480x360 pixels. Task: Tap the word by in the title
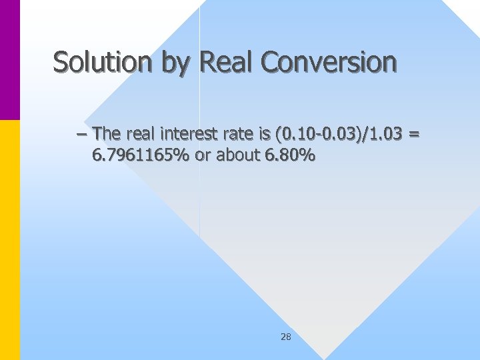coord(175,63)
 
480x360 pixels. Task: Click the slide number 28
coord(286,337)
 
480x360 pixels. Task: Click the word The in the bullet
coord(107,134)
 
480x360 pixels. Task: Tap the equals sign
coord(414,134)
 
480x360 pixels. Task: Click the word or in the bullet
coord(203,157)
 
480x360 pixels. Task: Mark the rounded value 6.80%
coord(289,156)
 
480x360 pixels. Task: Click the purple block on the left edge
coord(9,60)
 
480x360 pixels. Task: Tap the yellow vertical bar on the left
coord(9,240)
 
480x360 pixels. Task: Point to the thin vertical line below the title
coord(199,200)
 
